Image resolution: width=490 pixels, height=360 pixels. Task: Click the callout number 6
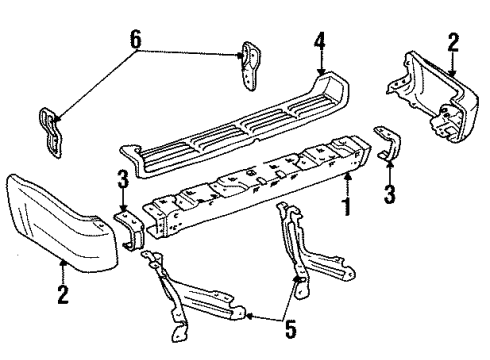coord(136,39)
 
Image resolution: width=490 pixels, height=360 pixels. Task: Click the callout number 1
coord(347,207)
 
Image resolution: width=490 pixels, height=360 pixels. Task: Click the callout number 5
coord(291,329)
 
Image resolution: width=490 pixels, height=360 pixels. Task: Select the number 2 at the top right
coord(453,42)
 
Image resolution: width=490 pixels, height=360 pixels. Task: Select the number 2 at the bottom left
coord(63,294)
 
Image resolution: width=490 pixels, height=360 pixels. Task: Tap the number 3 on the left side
coord(123,179)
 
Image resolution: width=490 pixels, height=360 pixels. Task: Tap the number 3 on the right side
coord(389,194)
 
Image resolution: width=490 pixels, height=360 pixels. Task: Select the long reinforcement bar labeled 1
coord(257,187)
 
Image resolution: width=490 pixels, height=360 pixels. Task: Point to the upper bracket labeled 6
coord(250,65)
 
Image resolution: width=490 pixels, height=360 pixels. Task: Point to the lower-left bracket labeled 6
coord(51,132)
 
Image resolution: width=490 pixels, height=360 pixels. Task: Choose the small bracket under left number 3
coord(130,231)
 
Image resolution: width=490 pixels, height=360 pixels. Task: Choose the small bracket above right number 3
coord(389,142)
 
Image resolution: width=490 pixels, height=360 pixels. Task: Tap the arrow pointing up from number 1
coord(347,185)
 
